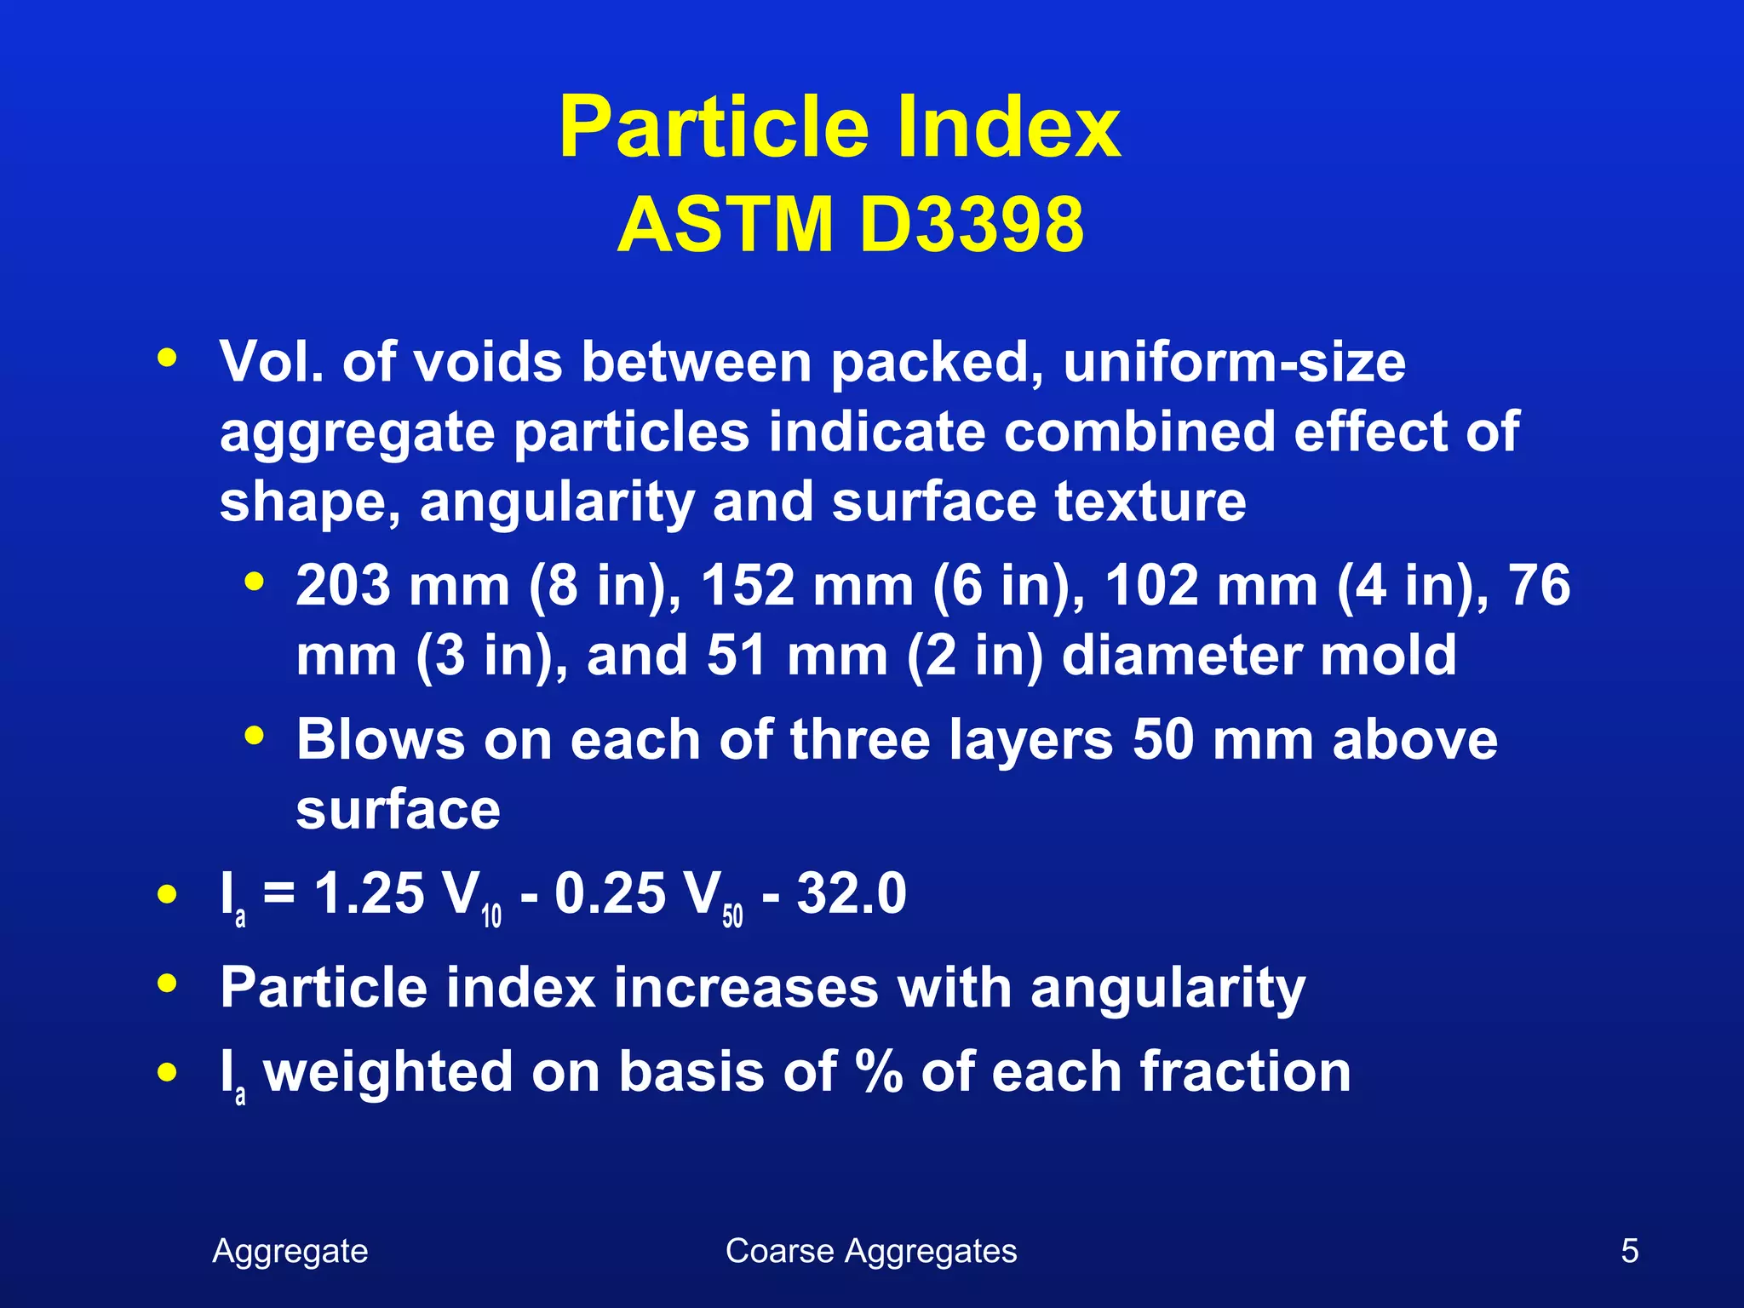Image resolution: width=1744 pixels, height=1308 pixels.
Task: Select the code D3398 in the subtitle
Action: tap(972, 225)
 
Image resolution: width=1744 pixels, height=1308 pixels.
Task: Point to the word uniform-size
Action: tap(1234, 363)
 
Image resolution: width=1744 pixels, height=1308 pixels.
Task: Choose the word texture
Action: tap(1150, 502)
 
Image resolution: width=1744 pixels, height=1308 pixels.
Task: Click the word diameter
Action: tap(1180, 656)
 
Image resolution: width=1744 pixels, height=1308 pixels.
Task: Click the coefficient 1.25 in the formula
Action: tap(369, 894)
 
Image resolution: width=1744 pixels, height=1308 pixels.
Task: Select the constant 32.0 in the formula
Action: tap(852, 894)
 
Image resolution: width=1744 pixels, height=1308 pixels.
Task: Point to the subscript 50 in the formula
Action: tap(732, 916)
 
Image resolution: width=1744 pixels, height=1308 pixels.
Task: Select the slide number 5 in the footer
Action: tap(1629, 1251)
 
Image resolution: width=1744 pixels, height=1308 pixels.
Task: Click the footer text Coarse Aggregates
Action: tap(871, 1251)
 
